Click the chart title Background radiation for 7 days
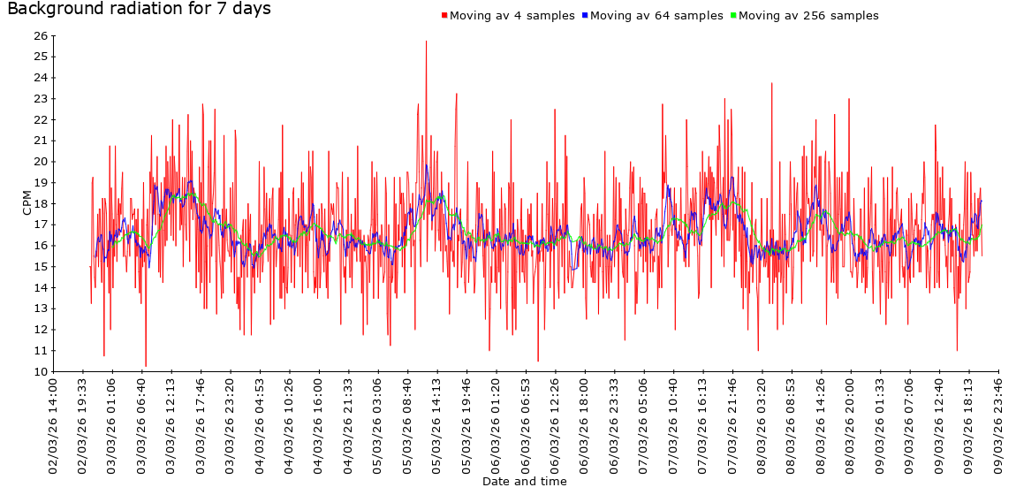pyautogui.click(x=140, y=10)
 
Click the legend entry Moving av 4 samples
pyautogui.click(x=512, y=16)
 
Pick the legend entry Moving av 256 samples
pyautogui.click(x=807, y=16)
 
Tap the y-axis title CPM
pyautogui.click(x=27, y=203)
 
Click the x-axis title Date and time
pyautogui.click(x=525, y=482)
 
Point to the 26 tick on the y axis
pyautogui.click(x=40, y=35)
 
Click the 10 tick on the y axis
pyautogui.click(x=40, y=371)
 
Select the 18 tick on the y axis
pyautogui.click(x=40, y=203)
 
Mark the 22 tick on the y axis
pyautogui.click(x=40, y=119)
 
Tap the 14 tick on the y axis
pyautogui.click(x=40, y=287)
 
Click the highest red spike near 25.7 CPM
pyautogui.click(x=426, y=42)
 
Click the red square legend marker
pyautogui.click(x=444, y=16)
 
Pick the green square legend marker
pyautogui.click(x=732, y=16)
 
